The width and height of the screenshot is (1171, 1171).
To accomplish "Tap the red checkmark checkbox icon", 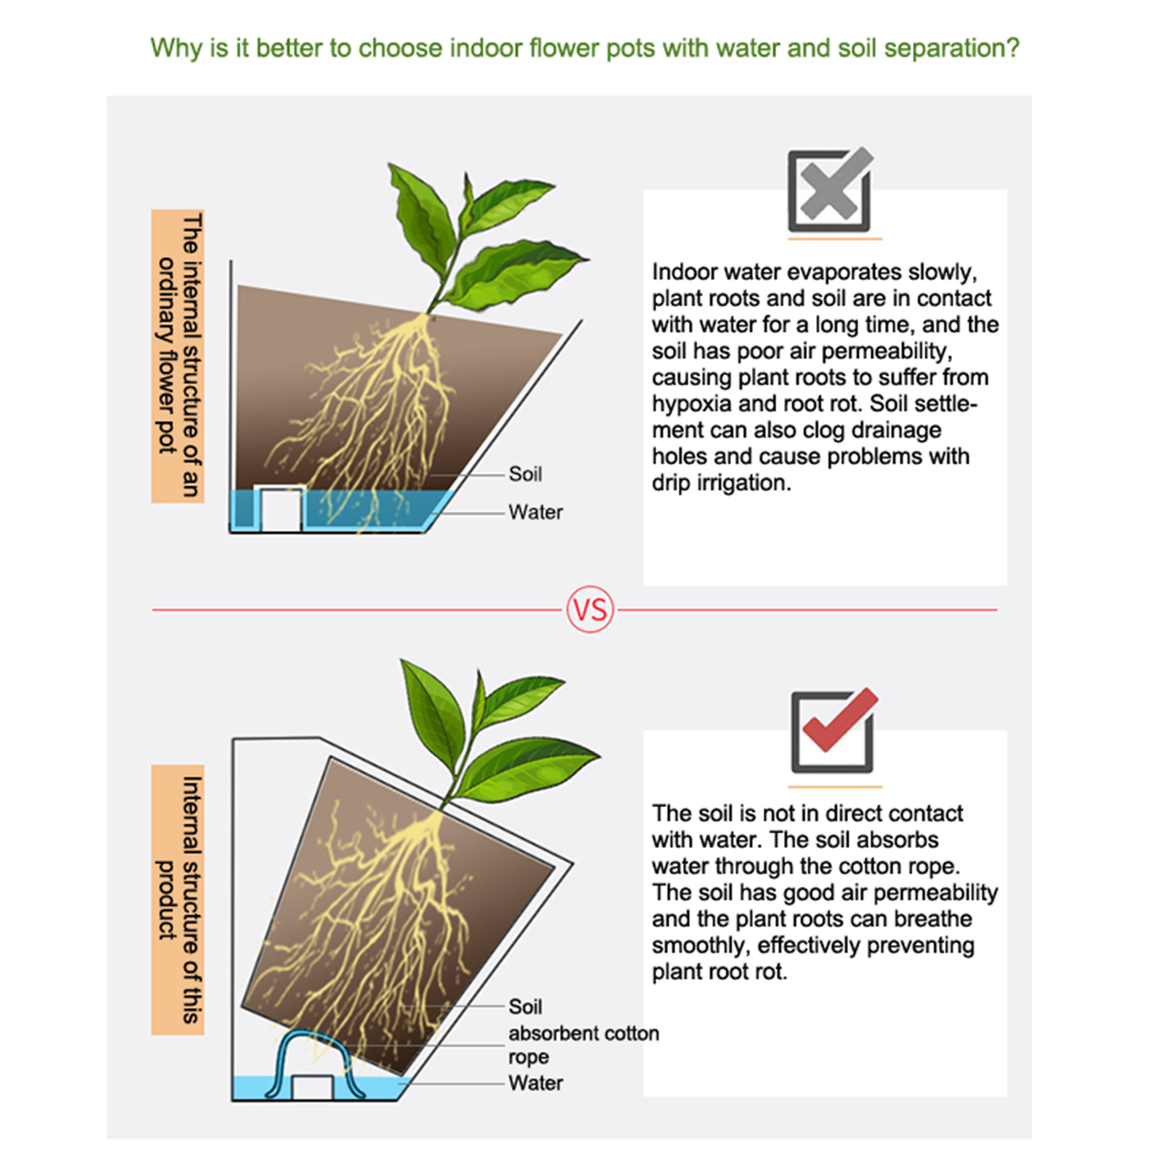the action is (833, 731).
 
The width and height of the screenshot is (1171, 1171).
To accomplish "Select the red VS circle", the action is (590, 610).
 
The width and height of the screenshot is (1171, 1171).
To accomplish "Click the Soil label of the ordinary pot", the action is (525, 474).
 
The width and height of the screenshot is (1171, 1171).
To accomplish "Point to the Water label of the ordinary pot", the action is (536, 512).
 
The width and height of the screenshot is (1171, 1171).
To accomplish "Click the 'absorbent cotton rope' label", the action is (583, 1045).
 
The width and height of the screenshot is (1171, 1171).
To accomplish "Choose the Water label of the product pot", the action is (536, 1083).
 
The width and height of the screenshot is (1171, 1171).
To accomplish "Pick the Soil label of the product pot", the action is (525, 1007).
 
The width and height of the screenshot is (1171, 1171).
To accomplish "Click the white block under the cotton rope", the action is (313, 1087).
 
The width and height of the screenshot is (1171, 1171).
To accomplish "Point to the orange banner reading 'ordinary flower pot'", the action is (178, 356).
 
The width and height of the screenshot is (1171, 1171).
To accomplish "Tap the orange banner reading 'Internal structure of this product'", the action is (178, 900).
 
